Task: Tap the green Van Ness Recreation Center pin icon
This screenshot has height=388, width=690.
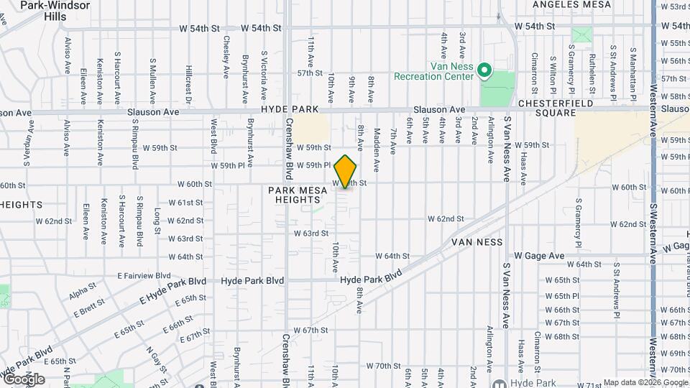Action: point(484,70)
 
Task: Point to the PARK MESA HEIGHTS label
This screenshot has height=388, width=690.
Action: point(298,195)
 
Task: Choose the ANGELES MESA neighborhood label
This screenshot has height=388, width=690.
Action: point(572,4)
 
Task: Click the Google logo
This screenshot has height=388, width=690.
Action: point(24,379)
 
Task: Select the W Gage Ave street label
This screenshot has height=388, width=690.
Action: point(538,256)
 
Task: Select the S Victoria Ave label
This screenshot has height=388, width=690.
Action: point(264,75)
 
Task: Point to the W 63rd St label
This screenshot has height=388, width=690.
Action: point(310,234)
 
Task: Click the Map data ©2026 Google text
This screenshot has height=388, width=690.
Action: point(645,382)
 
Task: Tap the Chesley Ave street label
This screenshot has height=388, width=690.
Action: point(226,57)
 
